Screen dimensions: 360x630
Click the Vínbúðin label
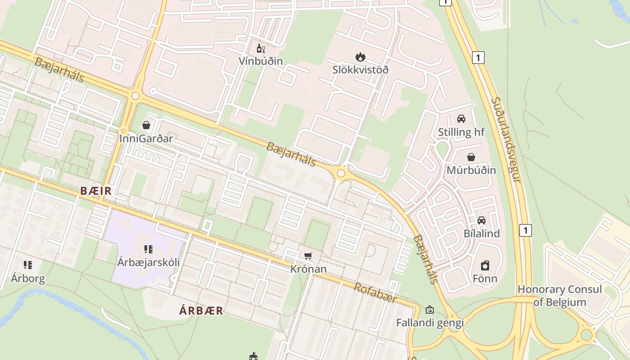tap(261, 61)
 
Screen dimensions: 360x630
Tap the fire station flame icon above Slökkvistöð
tap(360, 57)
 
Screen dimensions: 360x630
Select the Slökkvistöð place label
tap(360, 70)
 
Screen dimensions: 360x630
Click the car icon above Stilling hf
tap(461, 119)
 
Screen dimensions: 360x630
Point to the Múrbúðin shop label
tap(471, 170)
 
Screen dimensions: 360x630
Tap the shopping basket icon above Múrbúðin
tap(471, 157)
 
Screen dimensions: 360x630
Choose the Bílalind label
tap(481, 234)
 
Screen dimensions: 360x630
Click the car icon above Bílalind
tap(481, 220)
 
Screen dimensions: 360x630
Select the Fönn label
tap(485, 279)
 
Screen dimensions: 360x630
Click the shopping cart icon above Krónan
tap(308, 256)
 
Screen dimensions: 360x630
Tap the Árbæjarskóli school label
tap(148, 262)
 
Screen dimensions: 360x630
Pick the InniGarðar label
tap(146, 138)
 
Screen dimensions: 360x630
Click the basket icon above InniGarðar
tap(146, 125)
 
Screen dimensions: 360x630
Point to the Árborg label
tap(28, 278)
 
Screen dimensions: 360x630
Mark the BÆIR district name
tap(96, 191)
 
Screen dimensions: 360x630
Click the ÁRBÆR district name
tap(201, 310)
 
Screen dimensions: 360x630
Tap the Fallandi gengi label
tap(430, 323)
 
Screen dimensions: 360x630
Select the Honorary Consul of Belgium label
tap(559, 296)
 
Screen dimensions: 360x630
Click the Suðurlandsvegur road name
tap(506, 139)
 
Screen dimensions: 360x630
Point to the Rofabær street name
tap(376, 292)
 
